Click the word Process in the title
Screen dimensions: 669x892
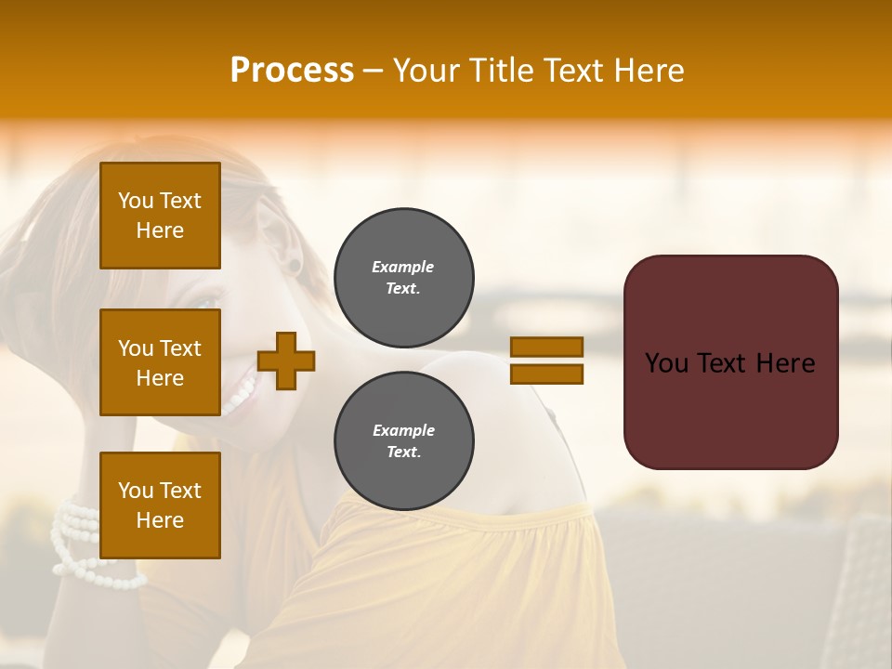[292, 71]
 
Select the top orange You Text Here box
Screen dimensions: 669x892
[160, 216]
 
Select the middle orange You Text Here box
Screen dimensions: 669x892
[160, 362]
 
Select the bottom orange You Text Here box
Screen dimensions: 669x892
[160, 505]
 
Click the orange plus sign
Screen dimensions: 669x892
[286, 361]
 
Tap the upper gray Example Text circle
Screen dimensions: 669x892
[403, 277]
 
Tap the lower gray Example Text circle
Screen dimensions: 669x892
[403, 440]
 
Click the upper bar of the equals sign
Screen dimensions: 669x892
[546, 348]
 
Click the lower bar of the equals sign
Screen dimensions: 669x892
[546, 374]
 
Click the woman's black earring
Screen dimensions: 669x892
[295, 268]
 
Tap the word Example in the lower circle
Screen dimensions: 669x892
[403, 430]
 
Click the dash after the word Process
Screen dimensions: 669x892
[373, 72]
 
